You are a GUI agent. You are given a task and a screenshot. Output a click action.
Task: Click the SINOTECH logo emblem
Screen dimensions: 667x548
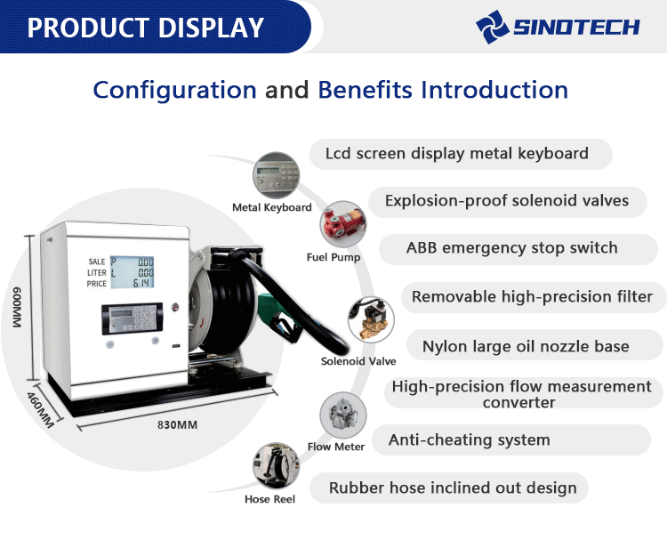coord(494,26)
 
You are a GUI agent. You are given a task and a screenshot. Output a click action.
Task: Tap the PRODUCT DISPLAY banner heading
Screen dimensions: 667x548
coord(146,27)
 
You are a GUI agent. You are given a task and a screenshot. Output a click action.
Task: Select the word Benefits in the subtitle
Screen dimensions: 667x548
coord(366,90)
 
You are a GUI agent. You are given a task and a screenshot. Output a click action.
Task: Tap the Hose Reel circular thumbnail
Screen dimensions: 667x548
coord(273,465)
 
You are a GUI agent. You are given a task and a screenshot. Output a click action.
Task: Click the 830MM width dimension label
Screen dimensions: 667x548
coord(175,426)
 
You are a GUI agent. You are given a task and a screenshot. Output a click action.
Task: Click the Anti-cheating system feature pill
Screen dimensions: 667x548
coord(469,439)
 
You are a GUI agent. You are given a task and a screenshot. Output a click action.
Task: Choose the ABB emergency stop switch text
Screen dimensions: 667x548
coord(511,248)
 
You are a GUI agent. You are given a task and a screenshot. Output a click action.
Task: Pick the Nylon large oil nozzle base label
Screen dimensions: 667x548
coord(526,346)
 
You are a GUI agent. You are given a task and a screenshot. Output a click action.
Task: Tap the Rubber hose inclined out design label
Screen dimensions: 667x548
coord(453,488)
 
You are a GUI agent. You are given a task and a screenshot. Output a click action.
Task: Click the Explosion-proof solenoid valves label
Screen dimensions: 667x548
coord(506,201)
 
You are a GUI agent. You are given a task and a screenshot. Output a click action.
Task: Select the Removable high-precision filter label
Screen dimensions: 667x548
coord(532,296)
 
